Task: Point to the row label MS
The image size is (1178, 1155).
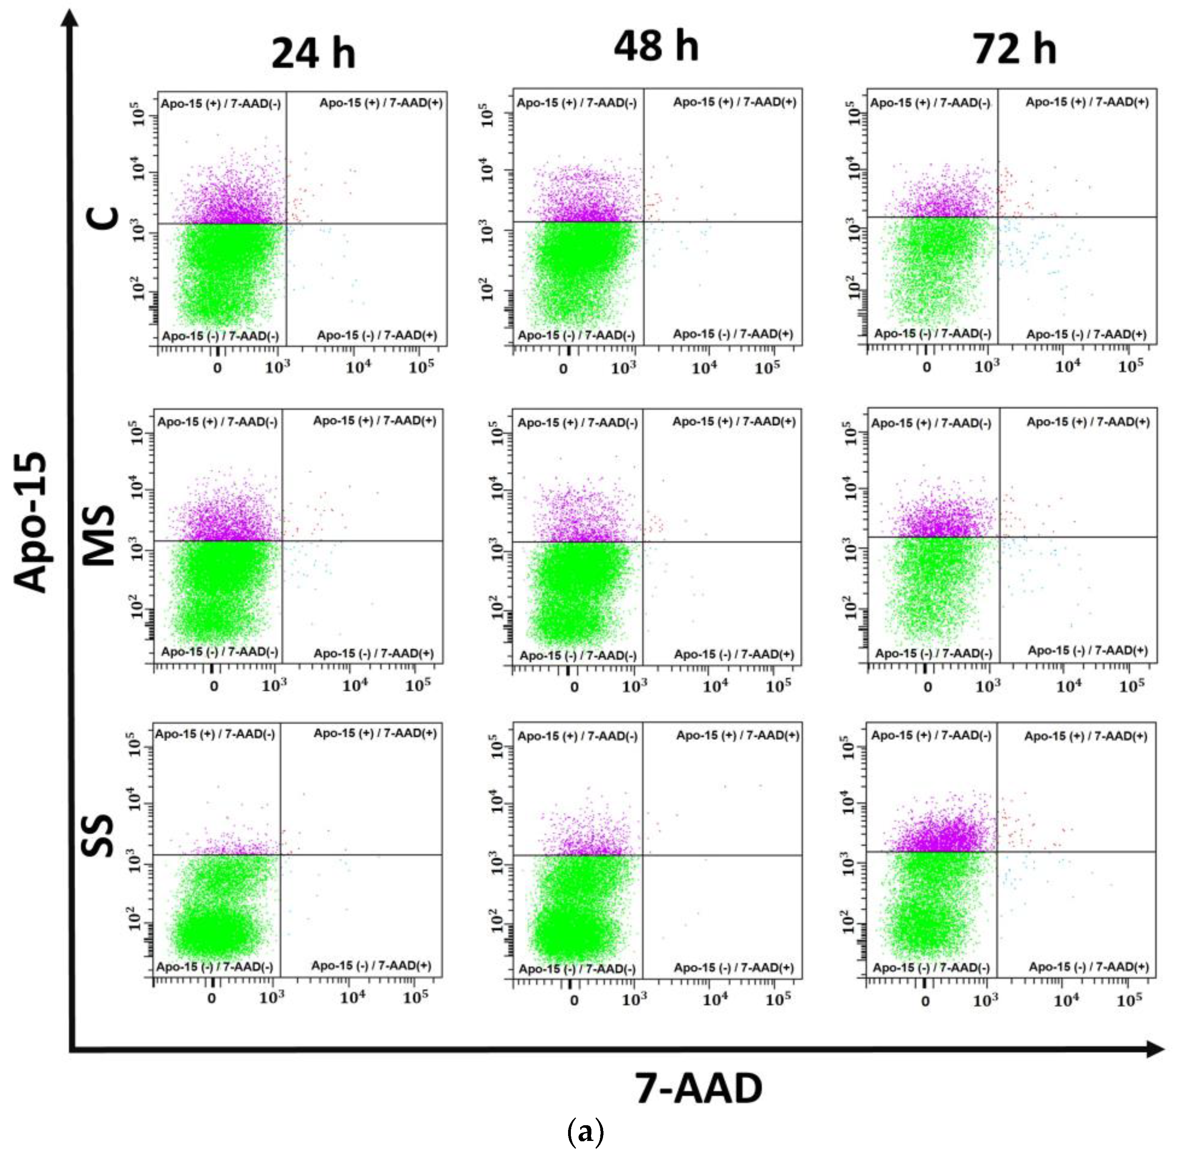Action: pyautogui.click(x=98, y=536)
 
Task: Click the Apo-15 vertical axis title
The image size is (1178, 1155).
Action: pyautogui.click(x=30, y=522)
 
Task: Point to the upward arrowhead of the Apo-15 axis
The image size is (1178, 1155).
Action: pyautogui.click(x=72, y=18)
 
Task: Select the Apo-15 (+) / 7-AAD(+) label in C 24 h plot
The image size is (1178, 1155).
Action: pyautogui.click(x=381, y=103)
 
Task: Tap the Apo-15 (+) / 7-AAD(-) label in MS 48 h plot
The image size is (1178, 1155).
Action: pyautogui.click(x=577, y=423)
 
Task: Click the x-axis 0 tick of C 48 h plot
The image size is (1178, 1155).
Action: pyautogui.click(x=564, y=368)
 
